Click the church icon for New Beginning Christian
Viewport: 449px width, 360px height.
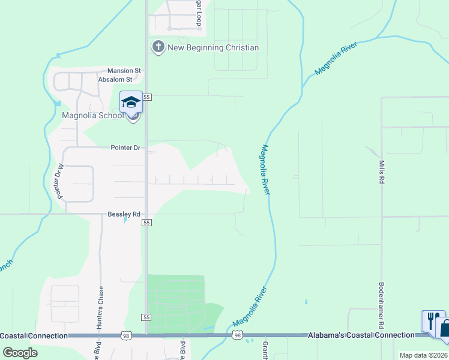click(158, 47)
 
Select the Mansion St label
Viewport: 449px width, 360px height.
click(124, 70)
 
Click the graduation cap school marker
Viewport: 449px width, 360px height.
click(131, 103)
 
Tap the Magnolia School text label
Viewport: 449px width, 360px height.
click(93, 115)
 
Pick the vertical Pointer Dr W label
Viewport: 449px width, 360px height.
click(59, 181)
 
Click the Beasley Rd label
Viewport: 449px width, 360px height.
click(124, 214)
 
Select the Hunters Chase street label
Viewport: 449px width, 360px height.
click(101, 304)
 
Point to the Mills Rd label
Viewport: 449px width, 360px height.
click(381, 172)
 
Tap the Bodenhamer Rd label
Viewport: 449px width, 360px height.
click(381, 305)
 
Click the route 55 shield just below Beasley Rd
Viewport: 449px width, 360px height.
click(146, 223)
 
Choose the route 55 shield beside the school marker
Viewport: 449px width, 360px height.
click(147, 97)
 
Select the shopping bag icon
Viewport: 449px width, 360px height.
click(445, 328)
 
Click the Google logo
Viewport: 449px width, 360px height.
click(20, 352)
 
